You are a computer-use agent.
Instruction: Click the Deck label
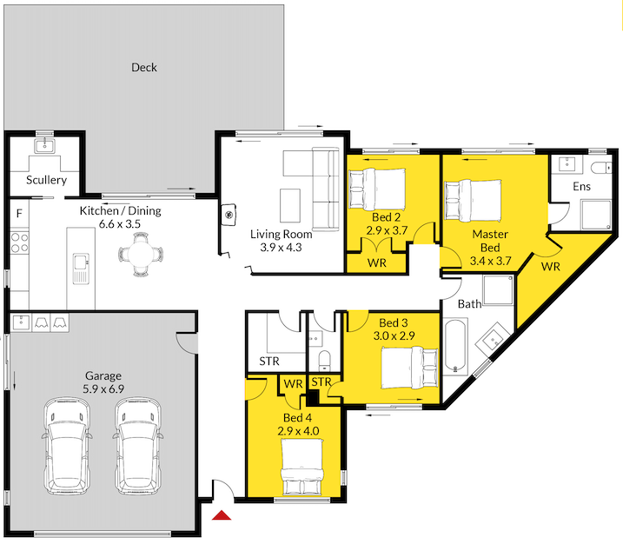point(144,67)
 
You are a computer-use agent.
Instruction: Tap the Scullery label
point(46,180)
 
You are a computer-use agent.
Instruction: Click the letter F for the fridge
point(18,211)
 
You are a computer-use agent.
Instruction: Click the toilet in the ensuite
point(600,167)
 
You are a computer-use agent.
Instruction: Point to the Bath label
point(469,304)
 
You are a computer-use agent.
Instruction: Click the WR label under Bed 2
point(377,262)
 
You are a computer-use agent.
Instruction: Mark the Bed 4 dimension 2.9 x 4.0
point(299,430)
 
